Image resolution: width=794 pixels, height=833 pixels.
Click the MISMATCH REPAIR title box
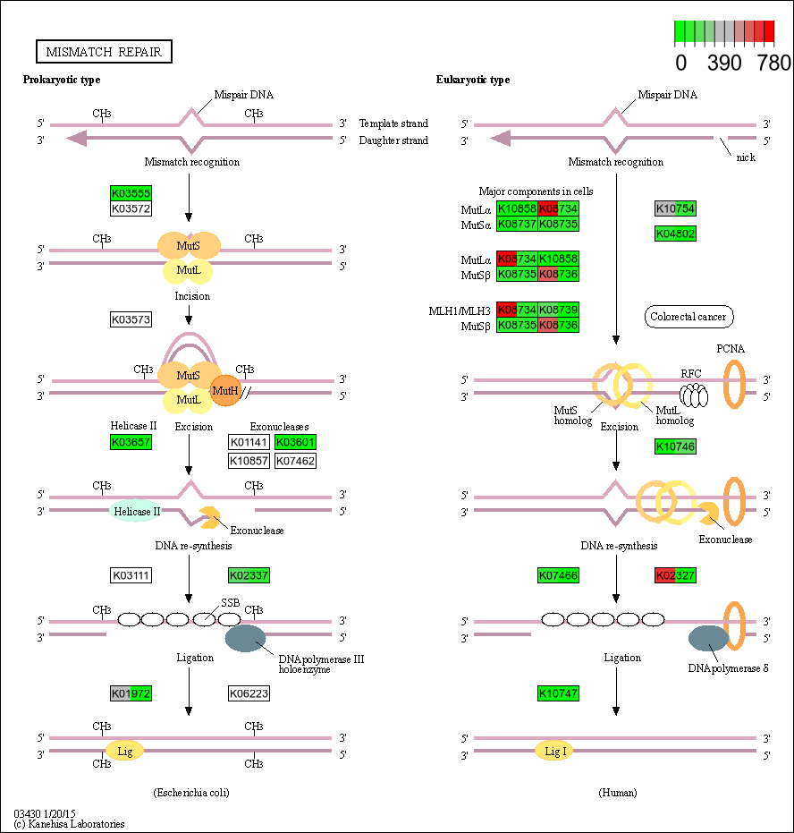point(103,52)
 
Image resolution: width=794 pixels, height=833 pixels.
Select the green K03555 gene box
point(131,193)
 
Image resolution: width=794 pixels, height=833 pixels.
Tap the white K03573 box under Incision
point(131,319)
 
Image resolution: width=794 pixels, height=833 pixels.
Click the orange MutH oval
point(224,390)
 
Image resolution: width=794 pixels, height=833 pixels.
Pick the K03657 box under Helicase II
point(131,442)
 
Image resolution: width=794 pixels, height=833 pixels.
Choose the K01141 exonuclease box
point(249,442)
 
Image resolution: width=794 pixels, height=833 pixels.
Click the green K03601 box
point(295,442)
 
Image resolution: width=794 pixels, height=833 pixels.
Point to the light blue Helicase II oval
point(137,511)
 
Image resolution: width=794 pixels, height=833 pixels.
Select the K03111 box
point(131,575)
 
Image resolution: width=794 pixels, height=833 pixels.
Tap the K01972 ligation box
point(131,693)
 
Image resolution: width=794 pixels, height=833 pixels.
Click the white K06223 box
point(249,693)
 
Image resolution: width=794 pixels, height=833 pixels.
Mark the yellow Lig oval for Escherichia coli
point(124,752)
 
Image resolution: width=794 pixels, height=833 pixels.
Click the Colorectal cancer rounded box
point(688,317)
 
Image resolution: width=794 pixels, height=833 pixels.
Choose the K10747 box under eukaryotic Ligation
point(558,693)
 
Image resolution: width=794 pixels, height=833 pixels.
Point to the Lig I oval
point(554,752)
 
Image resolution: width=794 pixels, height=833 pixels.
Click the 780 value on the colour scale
point(773,64)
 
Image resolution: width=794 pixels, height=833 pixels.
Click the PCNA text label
point(730,348)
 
